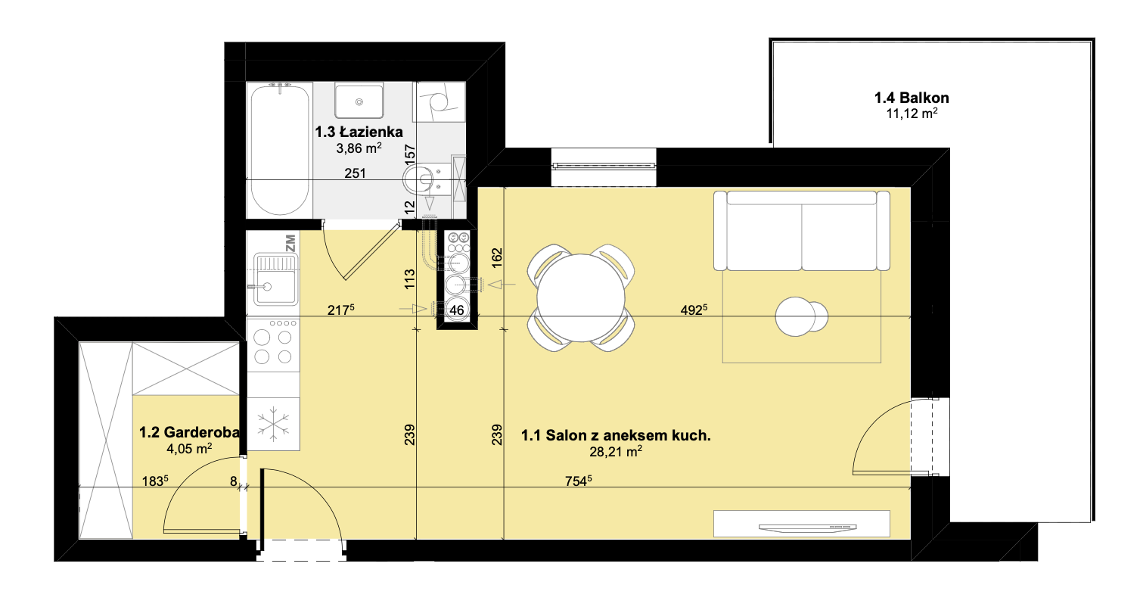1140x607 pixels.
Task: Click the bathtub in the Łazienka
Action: (x=279, y=150)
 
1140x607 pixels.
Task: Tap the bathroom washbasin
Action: (x=359, y=102)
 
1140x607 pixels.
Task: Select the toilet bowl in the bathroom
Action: (x=425, y=179)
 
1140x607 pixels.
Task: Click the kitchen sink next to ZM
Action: (x=276, y=279)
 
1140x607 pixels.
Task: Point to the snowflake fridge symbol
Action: (x=273, y=424)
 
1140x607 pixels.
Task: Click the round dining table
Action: (x=581, y=297)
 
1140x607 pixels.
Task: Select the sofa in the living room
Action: (x=802, y=231)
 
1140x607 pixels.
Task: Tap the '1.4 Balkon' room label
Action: (x=912, y=98)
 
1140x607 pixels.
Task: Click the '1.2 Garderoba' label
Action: (x=189, y=432)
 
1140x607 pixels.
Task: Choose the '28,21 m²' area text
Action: (x=616, y=452)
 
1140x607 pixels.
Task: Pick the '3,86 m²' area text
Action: (x=359, y=148)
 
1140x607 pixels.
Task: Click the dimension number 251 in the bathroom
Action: (x=355, y=173)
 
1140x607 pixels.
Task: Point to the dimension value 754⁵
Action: (x=578, y=481)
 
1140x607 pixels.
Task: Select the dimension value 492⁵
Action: (x=694, y=310)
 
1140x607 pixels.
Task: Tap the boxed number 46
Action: (x=456, y=310)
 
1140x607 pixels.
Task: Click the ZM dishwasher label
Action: (x=290, y=243)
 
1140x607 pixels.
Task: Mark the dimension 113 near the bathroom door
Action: (x=410, y=279)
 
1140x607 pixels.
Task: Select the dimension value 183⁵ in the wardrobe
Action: (x=155, y=481)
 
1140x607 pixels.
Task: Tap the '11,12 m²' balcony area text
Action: (x=912, y=114)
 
